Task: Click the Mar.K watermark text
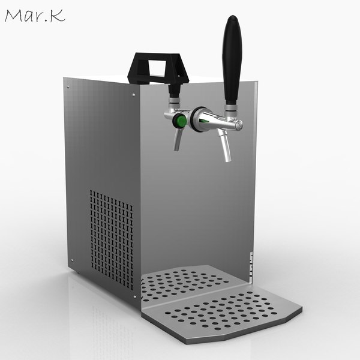click(x=35, y=16)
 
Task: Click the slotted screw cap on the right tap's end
click(x=239, y=125)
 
